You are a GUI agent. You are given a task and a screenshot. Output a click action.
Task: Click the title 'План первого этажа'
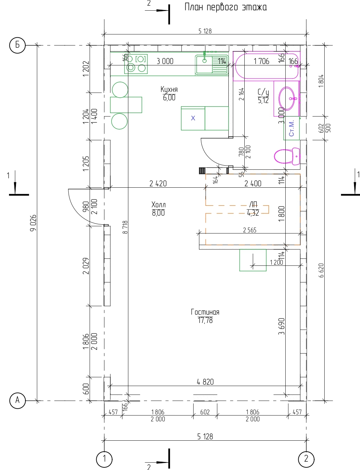[x=226, y=7]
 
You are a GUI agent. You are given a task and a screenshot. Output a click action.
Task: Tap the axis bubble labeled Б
[x=17, y=45]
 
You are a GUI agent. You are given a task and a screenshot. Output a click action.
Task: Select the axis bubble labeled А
[x=18, y=400]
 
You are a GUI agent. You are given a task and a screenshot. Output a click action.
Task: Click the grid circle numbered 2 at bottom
[x=306, y=459]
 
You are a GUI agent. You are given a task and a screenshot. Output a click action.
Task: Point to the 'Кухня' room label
[x=169, y=89]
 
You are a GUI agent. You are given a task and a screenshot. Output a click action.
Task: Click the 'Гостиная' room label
[x=205, y=312]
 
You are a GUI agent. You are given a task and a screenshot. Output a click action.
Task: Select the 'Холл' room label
[x=158, y=204]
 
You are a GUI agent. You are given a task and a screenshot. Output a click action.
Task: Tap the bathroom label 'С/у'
[x=263, y=92]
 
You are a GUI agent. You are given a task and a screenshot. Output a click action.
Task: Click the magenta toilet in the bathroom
[x=287, y=156]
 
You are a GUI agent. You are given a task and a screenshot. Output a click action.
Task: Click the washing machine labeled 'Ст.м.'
[x=292, y=128]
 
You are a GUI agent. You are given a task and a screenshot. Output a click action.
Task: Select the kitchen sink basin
[x=204, y=64]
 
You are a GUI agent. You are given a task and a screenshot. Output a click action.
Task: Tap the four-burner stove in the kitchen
[x=136, y=64]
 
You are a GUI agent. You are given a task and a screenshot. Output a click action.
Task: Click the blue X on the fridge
[x=193, y=118]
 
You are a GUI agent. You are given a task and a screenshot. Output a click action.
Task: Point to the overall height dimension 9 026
[x=33, y=223]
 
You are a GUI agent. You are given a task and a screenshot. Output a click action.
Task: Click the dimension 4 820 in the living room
[x=205, y=382]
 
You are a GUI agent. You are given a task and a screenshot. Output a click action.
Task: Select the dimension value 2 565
[x=250, y=230]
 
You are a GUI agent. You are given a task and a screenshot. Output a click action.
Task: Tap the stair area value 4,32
[x=253, y=213]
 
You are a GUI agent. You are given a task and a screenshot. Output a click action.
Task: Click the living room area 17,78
[x=205, y=320]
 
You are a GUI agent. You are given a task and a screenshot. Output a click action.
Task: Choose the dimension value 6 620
[x=321, y=270]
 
